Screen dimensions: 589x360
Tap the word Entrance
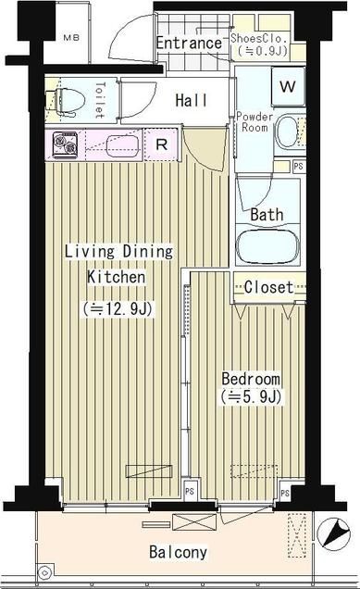coord(189,44)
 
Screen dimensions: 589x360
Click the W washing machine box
coord(287,88)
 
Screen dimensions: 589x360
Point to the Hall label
coord(192,100)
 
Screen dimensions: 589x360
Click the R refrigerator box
coord(161,144)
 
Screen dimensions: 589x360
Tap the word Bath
coord(267,215)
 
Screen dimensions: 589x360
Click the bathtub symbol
coord(268,246)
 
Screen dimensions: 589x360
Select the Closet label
coord(268,287)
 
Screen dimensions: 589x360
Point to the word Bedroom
coord(250,381)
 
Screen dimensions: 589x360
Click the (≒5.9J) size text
coord(250,398)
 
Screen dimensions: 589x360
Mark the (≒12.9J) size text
coord(116,307)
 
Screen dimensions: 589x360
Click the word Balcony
coord(178,553)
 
